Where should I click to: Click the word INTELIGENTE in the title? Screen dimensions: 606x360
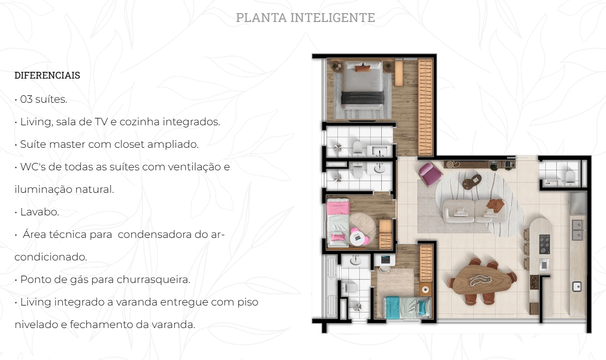[333, 17]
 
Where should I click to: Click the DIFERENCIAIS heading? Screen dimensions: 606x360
[47, 75]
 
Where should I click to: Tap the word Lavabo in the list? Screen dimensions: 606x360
[39, 212]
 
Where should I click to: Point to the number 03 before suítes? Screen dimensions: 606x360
[26, 100]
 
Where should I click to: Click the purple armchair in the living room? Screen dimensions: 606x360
[430, 174]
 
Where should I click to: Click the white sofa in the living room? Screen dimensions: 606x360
[474, 211]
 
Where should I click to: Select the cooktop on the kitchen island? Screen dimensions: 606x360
[544, 244]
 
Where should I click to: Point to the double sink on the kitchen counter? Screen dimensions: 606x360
[577, 230]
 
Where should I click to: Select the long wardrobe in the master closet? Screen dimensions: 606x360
[425, 107]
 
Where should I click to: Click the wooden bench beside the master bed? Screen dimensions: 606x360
[399, 73]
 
